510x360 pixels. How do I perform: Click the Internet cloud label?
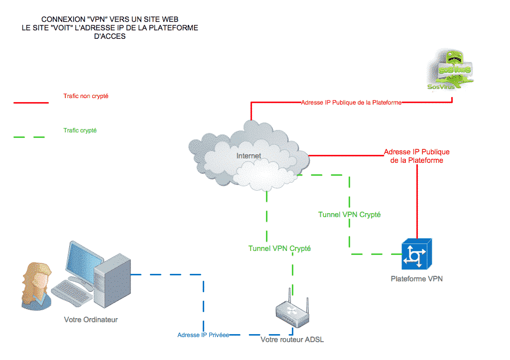click(249, 156)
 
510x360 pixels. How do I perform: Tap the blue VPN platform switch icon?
click(416, 254)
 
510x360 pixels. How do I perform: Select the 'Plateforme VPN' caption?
click(416, 279)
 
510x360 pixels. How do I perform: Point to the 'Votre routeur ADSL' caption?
click(292, 340)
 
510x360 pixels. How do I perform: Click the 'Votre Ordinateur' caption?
click(91, 320)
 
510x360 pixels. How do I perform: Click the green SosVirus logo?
click(451, 70)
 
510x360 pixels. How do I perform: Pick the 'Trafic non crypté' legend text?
click(86, 96)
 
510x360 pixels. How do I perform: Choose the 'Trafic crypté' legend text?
click(80, 130)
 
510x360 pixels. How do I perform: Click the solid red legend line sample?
click(31, 103)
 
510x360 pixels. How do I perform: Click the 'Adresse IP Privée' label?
click(203, 335)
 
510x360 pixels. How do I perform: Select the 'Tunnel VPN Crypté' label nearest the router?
click(279, 248)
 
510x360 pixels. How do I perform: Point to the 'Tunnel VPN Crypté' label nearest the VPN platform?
click(349, 215)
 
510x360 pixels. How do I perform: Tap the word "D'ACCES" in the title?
click(110, 36)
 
